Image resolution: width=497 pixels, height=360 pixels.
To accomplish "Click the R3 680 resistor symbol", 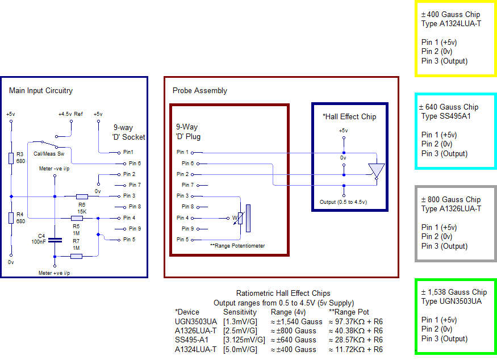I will pos(11,158).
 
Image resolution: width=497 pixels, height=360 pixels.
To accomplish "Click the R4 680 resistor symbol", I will pos(11,218).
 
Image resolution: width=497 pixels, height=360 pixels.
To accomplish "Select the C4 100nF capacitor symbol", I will pos(54,240).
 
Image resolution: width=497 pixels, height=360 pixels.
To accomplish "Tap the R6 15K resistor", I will pos(82,196).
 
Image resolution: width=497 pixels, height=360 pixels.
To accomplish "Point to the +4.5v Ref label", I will pos(70,114).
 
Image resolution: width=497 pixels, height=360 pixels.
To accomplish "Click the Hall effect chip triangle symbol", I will pos(376,170).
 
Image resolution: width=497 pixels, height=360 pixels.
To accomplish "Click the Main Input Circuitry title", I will pos(41,91).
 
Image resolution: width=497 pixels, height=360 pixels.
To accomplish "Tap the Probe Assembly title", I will pos(199,91).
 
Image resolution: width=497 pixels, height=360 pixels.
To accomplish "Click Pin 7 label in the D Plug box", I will pos(188,185).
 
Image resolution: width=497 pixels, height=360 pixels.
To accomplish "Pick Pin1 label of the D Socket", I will pos(128,152).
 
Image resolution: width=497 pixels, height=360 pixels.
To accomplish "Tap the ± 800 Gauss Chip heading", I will pos(449,200).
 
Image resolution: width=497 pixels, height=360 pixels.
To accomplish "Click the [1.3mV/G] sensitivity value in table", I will pos(239,322).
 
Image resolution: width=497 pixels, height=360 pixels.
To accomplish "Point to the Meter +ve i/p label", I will pos(55,273).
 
